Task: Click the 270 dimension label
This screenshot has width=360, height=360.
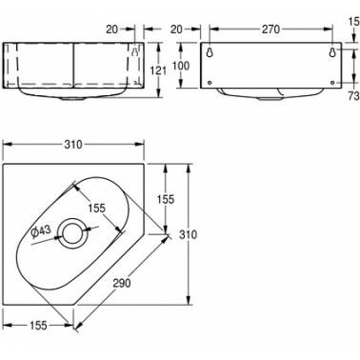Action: [270, 30]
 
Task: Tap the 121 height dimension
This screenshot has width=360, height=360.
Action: [158, 70]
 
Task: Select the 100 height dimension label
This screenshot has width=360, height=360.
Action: [181, 66]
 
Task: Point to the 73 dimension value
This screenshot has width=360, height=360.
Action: [353, 96]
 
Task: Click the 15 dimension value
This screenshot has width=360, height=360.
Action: [354, 23]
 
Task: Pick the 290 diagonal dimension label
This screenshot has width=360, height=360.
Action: [122, 283]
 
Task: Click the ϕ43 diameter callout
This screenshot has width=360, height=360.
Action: [41, 230]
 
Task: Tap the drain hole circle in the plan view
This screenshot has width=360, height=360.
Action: [74, 233]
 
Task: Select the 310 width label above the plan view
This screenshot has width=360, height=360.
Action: [73, 145]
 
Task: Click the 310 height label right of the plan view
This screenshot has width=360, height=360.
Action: [189, 234]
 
